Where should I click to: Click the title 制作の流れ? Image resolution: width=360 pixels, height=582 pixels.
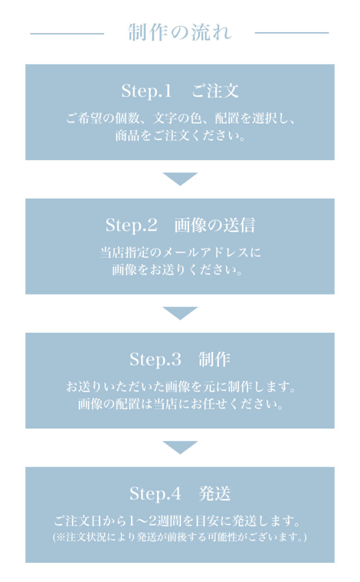180,32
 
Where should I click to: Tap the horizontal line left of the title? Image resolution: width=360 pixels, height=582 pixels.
67,34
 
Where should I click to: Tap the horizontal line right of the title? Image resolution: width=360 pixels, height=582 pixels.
292,33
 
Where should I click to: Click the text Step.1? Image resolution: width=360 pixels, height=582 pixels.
147,91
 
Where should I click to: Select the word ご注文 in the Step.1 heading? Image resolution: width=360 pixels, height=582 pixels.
215,91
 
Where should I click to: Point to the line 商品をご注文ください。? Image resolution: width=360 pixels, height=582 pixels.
180,136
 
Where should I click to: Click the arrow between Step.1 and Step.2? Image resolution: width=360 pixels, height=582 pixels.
180,179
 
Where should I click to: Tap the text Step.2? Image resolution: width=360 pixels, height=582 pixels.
132,225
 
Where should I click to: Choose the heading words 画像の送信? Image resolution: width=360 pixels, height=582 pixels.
215,225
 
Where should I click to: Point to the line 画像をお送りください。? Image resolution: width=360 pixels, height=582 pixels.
177,270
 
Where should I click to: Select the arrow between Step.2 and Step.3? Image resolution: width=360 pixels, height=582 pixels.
180,313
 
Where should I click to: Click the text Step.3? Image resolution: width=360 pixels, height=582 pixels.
155,360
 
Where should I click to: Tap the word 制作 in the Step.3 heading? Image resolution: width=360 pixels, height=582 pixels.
214,359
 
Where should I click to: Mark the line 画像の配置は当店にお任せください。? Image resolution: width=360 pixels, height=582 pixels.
181,404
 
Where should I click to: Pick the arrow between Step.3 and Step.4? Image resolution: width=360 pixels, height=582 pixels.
180,448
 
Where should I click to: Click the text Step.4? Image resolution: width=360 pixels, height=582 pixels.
155,494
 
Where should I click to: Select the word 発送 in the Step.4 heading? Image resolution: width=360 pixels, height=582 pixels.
214,494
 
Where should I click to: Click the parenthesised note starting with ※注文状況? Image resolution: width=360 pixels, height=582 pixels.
180,537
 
